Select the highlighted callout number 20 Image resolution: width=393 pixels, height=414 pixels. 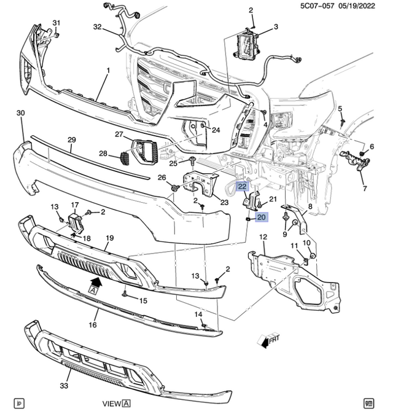point(261,217)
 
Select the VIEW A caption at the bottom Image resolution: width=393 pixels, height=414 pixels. point(116,404)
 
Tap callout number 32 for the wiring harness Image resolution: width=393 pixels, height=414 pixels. point(97,28)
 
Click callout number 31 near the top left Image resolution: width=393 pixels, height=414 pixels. point(56,23)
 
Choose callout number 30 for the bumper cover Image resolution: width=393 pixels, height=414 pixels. point(20,113)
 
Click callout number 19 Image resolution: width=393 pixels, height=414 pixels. point(110,237)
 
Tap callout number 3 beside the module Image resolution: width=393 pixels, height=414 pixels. point(276,27)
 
